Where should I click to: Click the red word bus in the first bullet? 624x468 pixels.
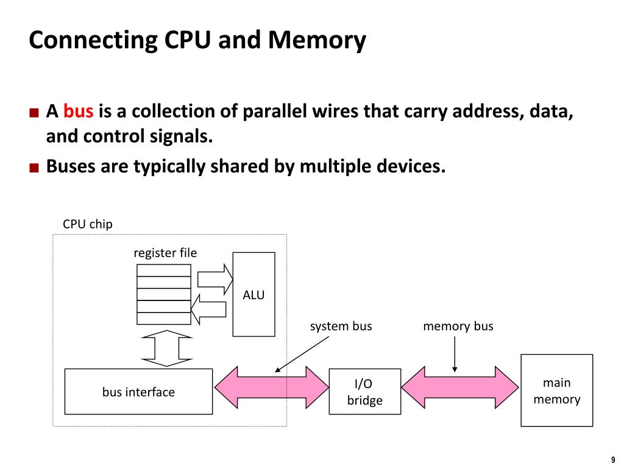tap(78, 112)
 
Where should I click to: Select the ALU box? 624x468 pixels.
tap(253, 294)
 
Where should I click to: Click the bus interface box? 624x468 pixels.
tap(138, 392)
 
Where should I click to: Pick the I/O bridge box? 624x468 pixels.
tap(364, 392)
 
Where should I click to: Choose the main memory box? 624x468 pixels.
tap(556, 391)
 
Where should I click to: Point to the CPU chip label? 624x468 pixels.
tap(88, 224)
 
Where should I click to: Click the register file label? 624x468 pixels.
tap(165, 252)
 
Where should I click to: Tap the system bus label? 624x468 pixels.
tap(341, 326)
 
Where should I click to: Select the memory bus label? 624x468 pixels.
tap(458, 326)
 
